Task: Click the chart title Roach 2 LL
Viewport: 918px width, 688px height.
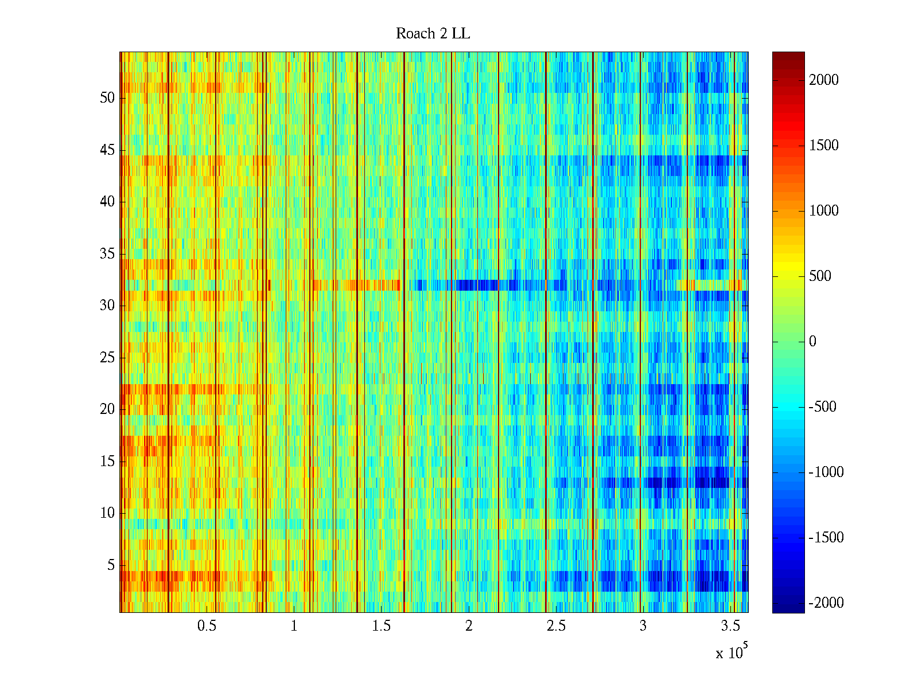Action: pos(433,34)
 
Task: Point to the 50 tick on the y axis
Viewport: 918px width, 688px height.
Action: pos(107,98)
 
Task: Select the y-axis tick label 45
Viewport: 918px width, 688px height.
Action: pos(107,150)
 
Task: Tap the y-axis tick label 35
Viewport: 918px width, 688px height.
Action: pos(107,254)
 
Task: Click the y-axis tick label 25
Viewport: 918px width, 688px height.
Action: pos(107,358)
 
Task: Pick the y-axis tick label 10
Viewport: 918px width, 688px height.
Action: pos(107,513)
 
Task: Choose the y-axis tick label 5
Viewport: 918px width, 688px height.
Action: pos(111,565)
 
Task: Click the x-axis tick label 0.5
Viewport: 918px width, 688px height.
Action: pos(207,626)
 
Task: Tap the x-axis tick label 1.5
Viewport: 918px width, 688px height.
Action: pos(382,626)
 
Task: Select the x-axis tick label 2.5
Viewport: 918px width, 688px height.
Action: pos(556,626)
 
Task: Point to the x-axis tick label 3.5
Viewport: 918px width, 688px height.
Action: pos(730,626)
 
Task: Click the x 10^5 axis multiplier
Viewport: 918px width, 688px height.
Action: pos(732,652)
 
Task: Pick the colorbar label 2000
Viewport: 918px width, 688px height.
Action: pos(824,80)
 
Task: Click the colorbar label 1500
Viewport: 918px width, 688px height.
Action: pos(824,146)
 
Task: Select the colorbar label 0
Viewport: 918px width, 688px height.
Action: pos(812,342)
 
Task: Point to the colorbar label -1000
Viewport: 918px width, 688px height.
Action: pos(826,472)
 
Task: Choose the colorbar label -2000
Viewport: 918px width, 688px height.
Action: pos(826,603)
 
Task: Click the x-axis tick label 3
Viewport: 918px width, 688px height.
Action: pos(643,626)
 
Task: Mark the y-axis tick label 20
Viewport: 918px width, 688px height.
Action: pos(107,409)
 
